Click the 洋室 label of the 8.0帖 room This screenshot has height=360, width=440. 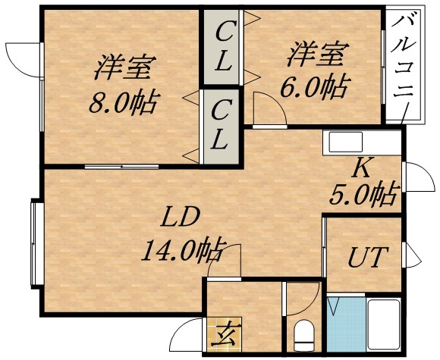121,68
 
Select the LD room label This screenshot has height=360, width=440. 180,218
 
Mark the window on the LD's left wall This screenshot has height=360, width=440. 36,242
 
